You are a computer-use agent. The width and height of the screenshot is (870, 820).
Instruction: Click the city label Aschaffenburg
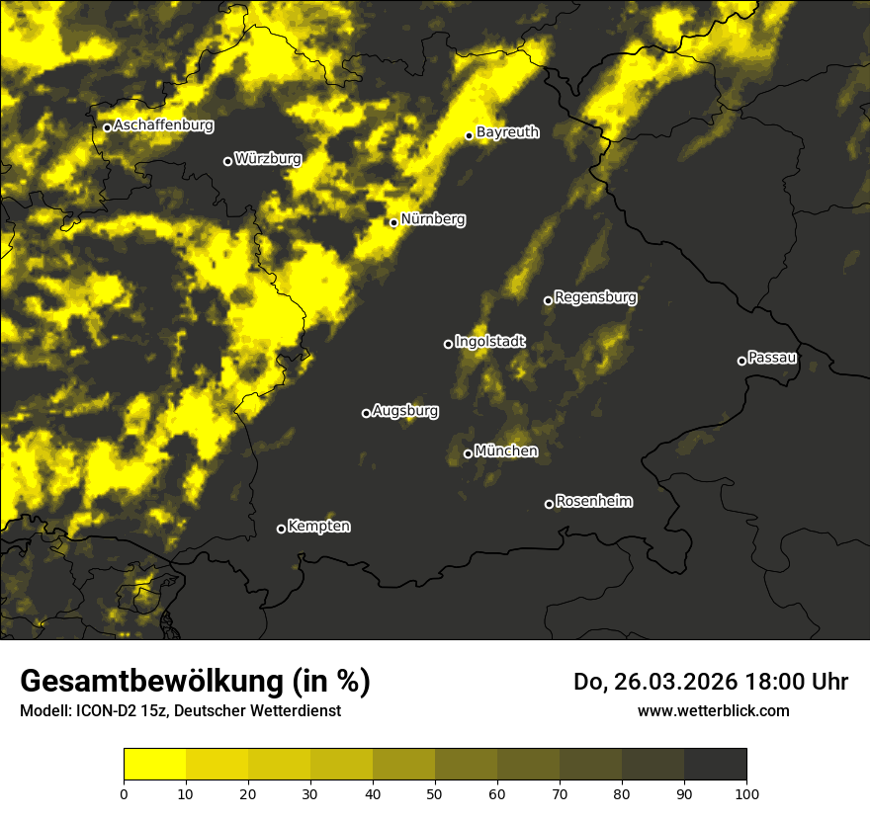click(x=163, y=125)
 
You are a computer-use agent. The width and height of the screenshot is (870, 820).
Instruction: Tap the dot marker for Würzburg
click(x=227, y=161)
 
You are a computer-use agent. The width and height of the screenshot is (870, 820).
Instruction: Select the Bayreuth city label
click(x=507, y=131)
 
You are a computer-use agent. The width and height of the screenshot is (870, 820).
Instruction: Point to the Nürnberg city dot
click(x=393, y=222)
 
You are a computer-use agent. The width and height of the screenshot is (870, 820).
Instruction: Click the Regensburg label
click(x=595, y=296)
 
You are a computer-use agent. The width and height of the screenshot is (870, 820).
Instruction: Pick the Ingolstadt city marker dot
click(x=448, y=344)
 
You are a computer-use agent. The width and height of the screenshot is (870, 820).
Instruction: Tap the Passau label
click(x=772, y=357)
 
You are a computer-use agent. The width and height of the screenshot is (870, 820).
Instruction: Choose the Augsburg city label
click(x=405, y=410)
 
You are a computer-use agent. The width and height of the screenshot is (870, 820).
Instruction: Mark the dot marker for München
click(x=468, y=453)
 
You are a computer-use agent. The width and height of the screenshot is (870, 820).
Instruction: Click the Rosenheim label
click(x=593, y=501)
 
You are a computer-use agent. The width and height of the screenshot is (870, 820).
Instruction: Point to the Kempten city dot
click(x=281, y=529)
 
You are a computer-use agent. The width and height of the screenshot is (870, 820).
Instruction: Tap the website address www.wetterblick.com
click(x=713, y=710)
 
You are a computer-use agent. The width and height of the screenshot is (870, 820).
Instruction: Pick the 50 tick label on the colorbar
click(x=435, y=792)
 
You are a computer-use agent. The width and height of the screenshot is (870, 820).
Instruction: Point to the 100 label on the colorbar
click(x=746, y=792)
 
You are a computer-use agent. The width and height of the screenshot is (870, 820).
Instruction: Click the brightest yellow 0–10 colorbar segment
click(x=154, y=765)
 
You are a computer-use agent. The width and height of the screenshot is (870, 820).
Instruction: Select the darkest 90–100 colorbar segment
click(x=715, y=765)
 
